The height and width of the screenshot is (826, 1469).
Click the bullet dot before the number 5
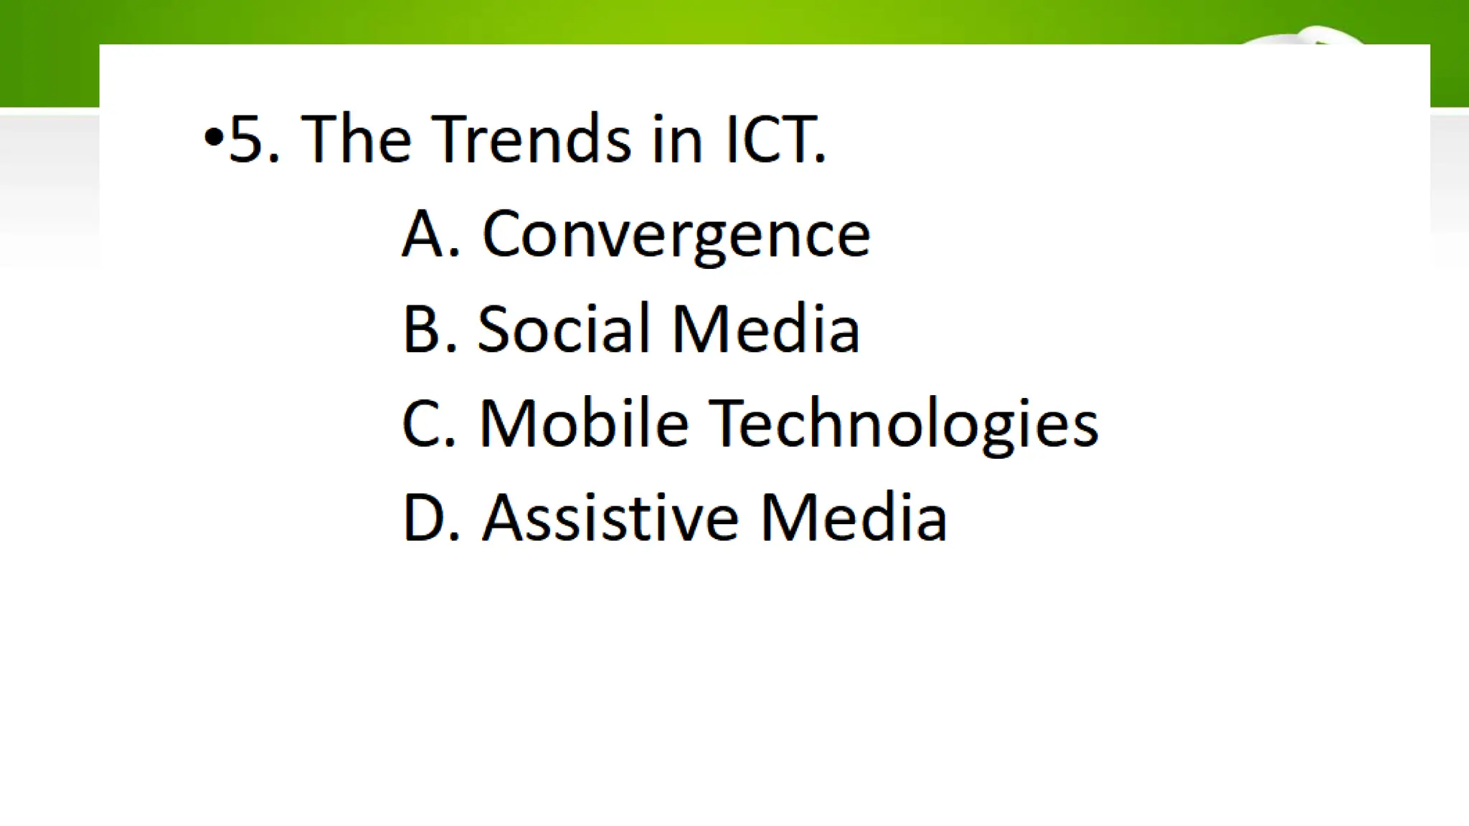(x=214, y=136)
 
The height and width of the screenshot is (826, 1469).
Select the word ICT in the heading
(x=771, y=139)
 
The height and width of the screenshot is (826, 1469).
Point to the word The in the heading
(x=356, y=139)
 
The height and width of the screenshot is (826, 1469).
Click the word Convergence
(x=676, y=235)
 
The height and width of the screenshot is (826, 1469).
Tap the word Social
(x=563, y=329)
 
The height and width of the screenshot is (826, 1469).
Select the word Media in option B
(x=765, y=329)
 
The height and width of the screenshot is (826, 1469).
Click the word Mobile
(x=584, y=424)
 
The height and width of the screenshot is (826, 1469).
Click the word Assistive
(x=610, y=518)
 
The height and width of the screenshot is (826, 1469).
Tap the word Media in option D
(x=853, y=518)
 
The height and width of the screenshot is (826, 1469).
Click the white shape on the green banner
(x=1313, y=35)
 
